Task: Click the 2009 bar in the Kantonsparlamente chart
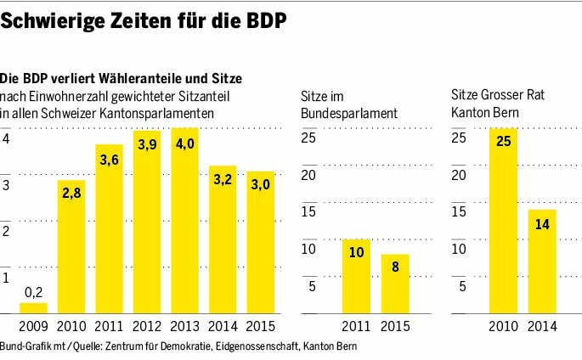point(33,308)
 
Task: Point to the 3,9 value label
point(147,145)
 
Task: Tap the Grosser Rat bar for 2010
point(502,221)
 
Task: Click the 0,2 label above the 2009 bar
point(33,291)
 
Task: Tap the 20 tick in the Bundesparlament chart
point(309,175)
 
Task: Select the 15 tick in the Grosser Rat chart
point(459,211)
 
